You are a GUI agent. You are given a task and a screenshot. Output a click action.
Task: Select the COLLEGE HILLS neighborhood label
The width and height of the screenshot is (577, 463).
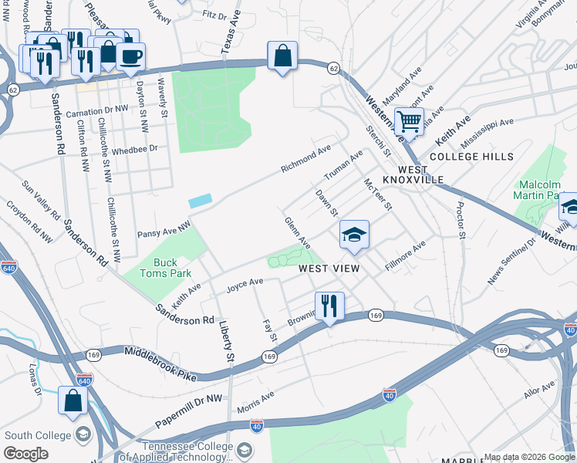471,157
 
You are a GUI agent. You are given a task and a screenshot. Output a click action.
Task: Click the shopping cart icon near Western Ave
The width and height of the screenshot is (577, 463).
408,120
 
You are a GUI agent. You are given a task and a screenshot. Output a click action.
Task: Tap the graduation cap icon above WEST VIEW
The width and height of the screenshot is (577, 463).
354,234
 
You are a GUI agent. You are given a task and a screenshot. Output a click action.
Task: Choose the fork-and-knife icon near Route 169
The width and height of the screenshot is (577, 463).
329,306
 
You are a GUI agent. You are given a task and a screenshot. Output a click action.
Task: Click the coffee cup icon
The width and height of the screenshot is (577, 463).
130,57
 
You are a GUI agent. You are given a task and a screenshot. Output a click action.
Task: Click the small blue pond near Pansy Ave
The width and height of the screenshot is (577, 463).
199,200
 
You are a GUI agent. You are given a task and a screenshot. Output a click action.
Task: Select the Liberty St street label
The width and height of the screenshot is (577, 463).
225,341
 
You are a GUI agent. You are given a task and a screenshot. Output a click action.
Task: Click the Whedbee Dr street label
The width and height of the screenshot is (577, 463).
134,149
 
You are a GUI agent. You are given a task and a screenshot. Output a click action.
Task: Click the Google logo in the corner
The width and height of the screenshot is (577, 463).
26,453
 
